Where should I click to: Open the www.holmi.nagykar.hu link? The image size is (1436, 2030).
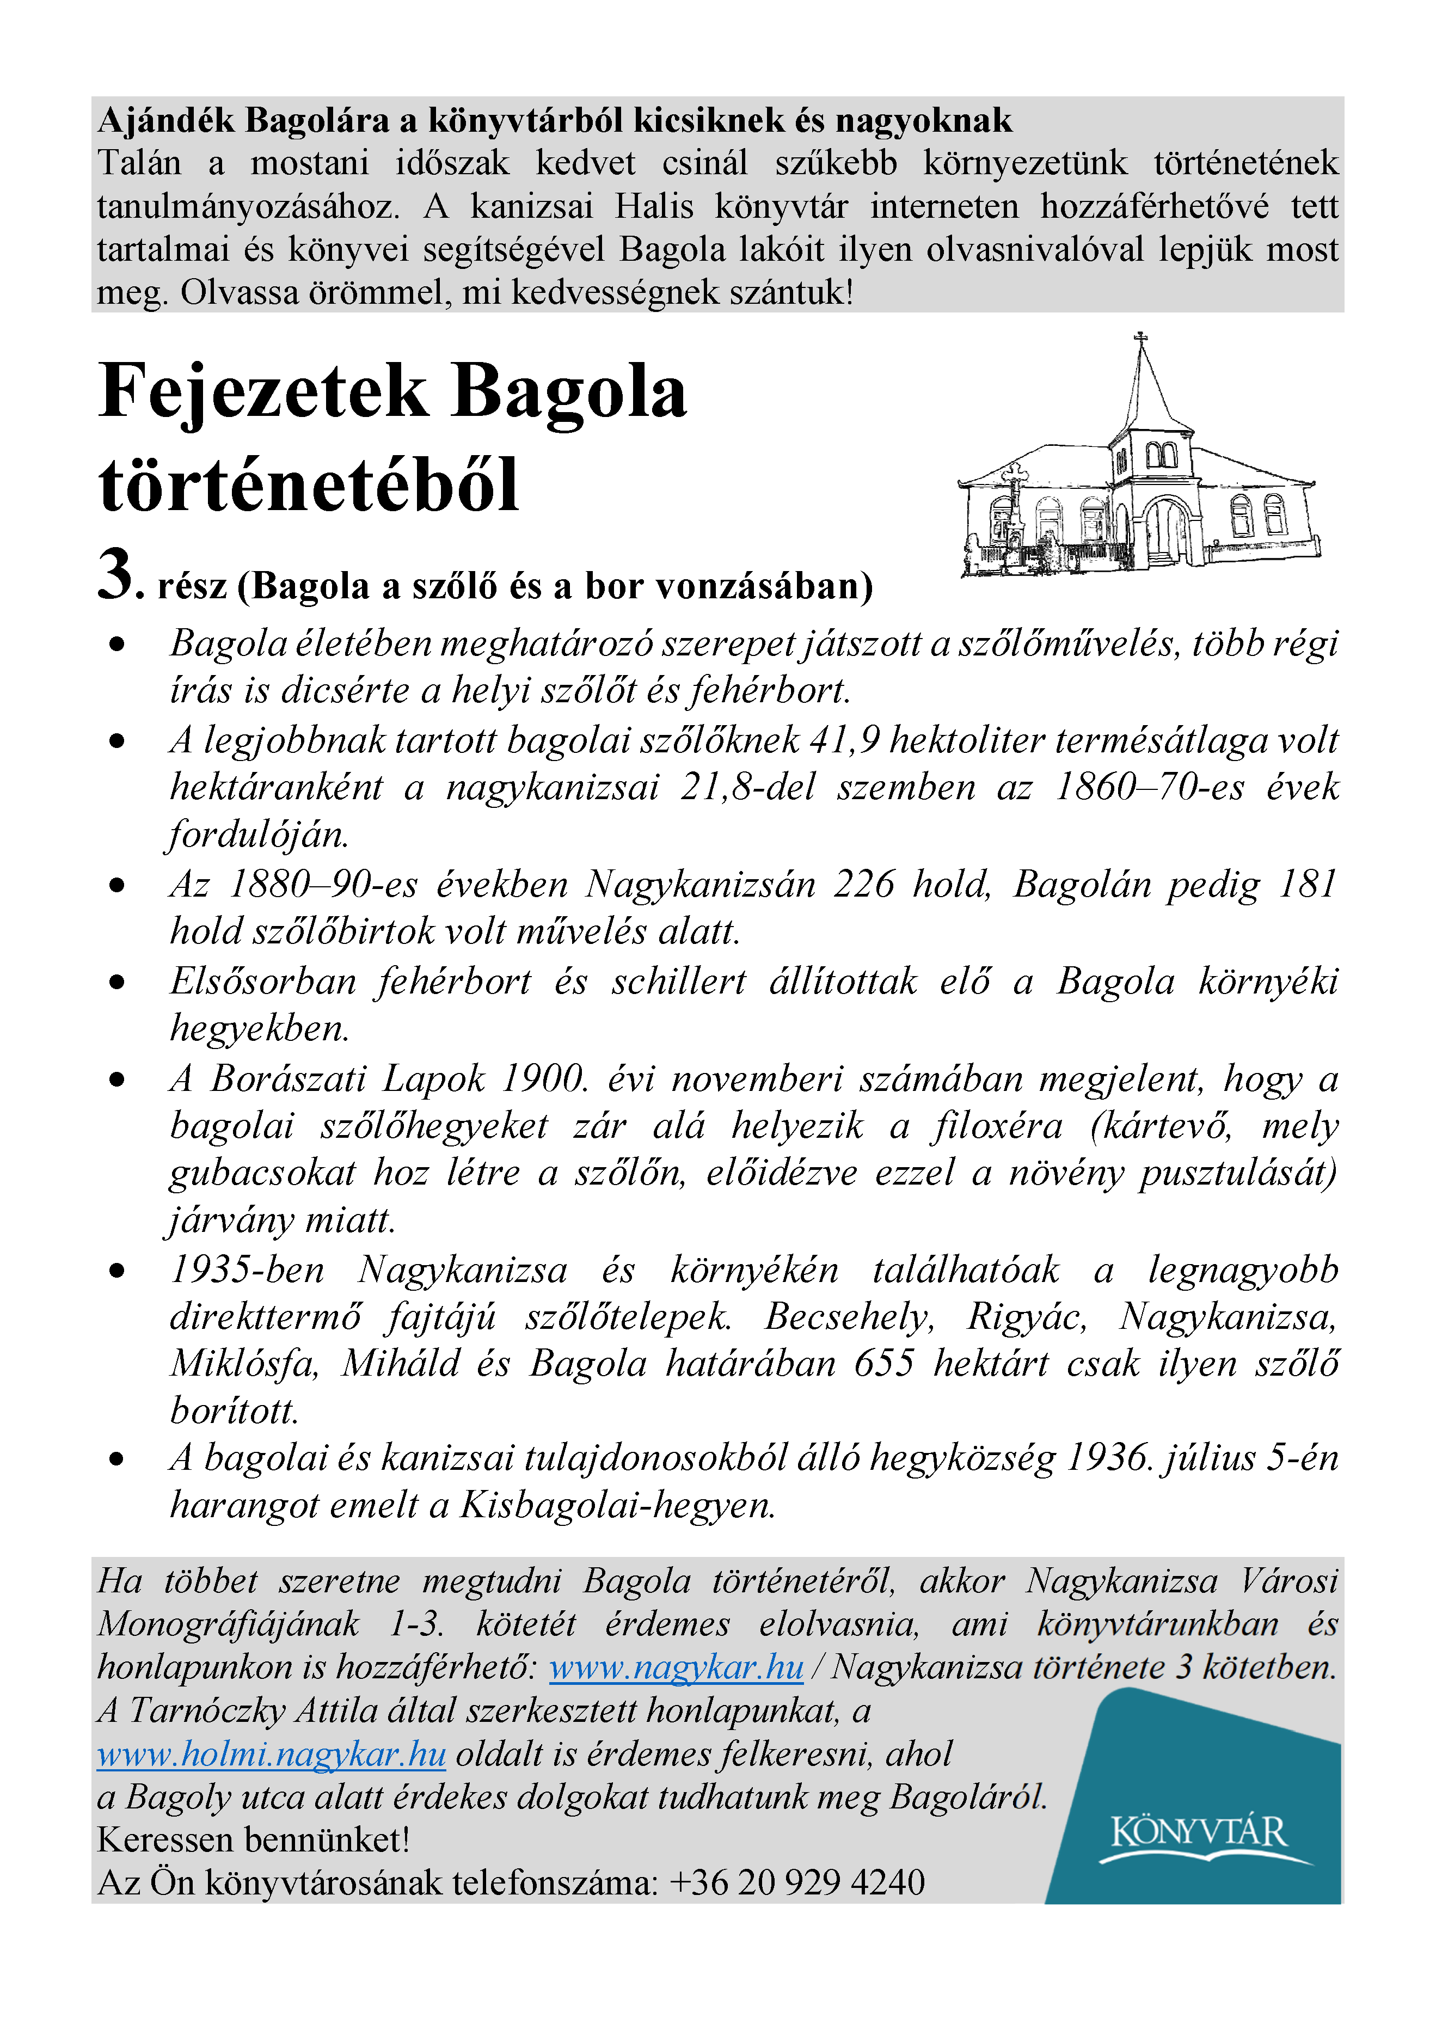click(272, 1753)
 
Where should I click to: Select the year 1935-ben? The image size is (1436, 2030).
click(248, 1269)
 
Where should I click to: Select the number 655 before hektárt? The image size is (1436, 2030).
click(883, 1363)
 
